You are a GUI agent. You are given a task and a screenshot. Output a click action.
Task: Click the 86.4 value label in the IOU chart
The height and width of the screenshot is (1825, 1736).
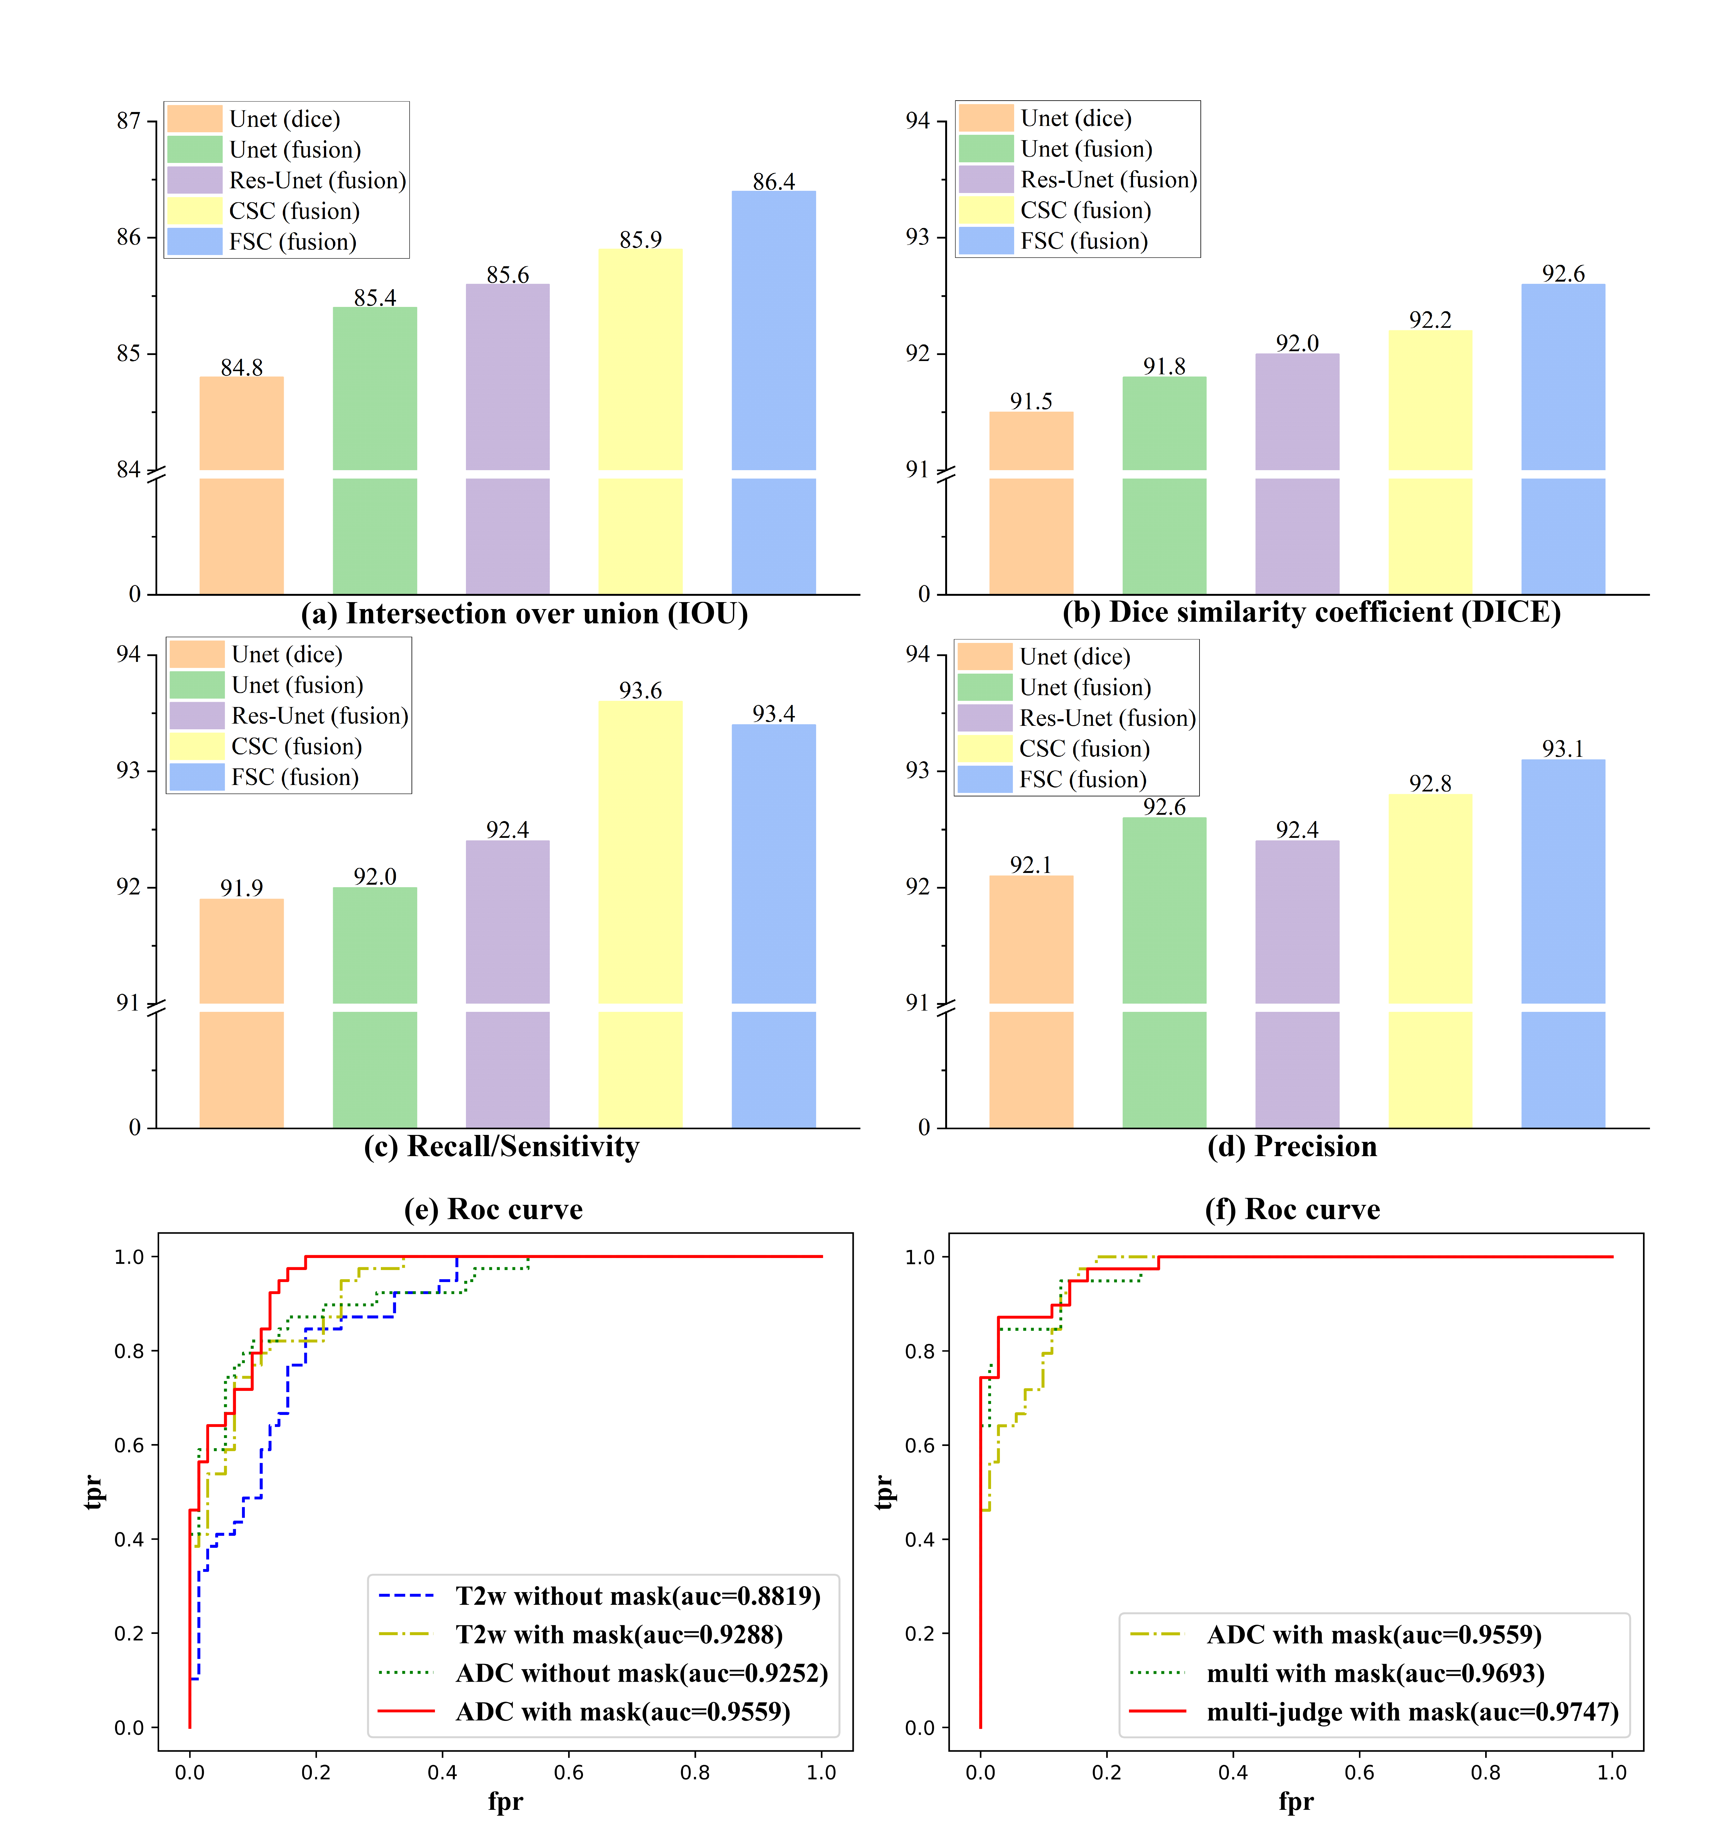tap(774, 181)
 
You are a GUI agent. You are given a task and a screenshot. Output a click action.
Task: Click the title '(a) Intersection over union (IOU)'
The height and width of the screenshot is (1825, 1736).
tap(524, 614)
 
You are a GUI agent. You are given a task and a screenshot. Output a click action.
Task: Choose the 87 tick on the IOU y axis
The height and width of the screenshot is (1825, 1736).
tap(129, 121)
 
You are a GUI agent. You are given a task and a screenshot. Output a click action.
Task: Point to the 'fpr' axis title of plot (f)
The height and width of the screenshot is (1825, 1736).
tap(1296, 1801)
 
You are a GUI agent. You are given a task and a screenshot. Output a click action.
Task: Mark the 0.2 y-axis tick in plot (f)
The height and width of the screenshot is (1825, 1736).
tap(920, 1633)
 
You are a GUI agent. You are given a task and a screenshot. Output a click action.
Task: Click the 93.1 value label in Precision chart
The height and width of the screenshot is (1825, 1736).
tap(1563, 749)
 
